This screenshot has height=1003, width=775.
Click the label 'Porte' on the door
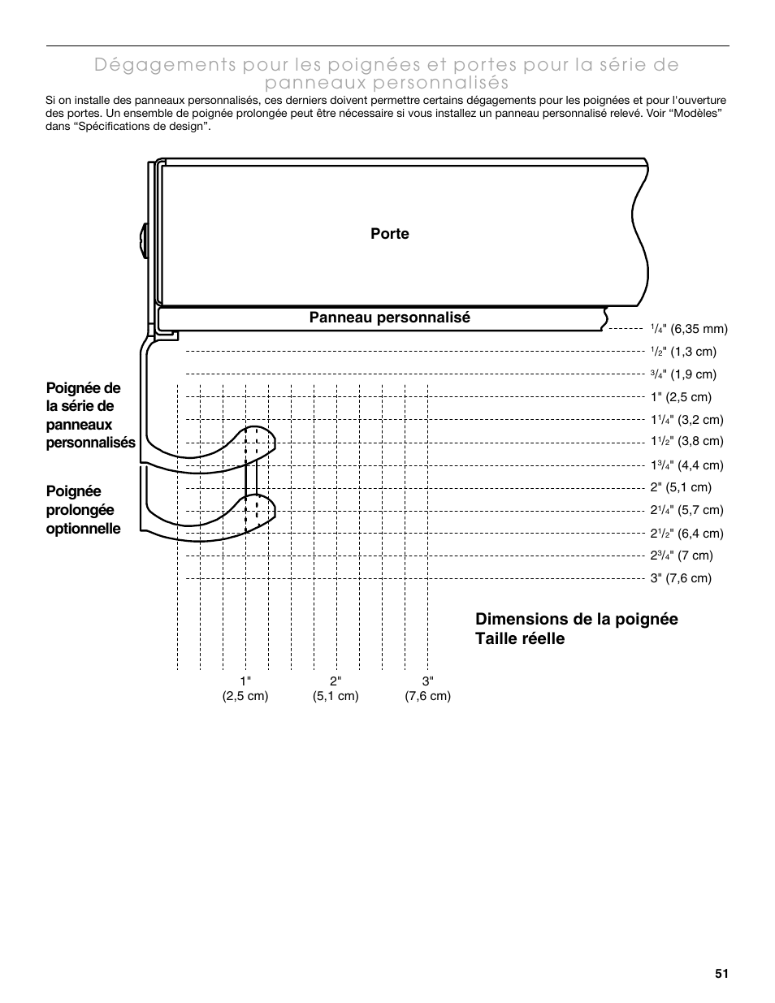390,234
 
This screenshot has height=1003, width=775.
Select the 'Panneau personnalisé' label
389,318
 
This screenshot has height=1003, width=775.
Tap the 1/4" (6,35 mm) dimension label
688,329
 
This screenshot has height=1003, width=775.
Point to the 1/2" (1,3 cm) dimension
682,352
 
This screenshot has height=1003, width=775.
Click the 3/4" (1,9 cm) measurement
682,374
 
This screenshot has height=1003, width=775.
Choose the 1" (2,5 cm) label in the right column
680,397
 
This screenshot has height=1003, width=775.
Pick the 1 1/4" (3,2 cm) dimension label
686,420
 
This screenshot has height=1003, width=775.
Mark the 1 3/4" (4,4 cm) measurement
686,465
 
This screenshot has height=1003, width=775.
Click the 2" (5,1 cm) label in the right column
680,487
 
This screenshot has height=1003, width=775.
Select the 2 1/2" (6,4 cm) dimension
686,534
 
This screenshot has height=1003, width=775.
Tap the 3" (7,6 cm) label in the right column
680,578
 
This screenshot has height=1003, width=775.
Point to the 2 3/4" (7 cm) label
681,556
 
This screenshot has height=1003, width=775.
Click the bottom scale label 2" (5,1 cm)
336,689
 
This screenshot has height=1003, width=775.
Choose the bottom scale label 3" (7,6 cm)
428,689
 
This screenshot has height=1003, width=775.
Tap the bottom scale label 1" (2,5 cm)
245,689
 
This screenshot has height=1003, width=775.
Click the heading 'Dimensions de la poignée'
576,619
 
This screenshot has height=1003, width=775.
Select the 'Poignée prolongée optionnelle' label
83,510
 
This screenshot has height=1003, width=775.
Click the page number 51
721,974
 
